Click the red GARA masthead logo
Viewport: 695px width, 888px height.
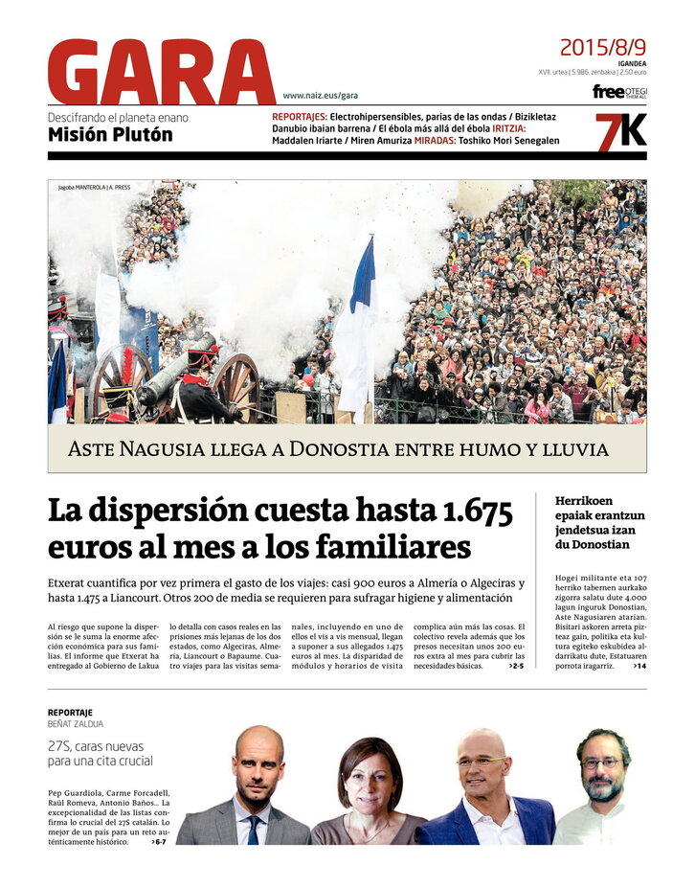[x=161, y=72]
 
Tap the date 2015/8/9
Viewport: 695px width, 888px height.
[x=602, y=47]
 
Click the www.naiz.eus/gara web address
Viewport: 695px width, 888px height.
[x=320, y=95]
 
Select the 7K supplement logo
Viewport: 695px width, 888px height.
[x=620, y=131]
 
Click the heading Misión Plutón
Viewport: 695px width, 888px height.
[x=110, y=135]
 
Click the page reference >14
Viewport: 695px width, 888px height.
[x=639, y=665]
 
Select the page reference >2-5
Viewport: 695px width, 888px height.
[x=516, y=665]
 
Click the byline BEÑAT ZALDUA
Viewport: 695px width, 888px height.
[x=76, y=724]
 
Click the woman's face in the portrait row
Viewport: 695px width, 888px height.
[x=368, y=778]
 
